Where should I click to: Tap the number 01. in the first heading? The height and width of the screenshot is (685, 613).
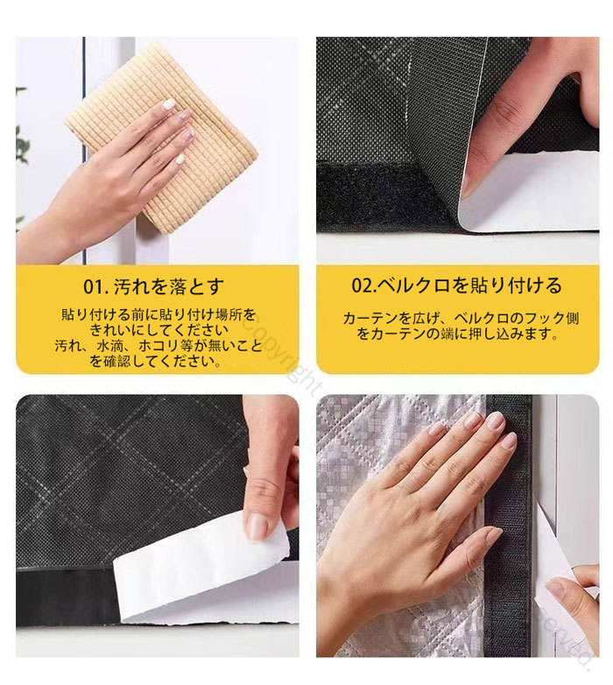pyautogui.click(x=95, y=286)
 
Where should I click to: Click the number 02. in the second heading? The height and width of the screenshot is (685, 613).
pyautogui.click(x=363, y=286)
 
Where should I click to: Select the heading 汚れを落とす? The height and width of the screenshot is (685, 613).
pyautogui.click(x=168, y=286)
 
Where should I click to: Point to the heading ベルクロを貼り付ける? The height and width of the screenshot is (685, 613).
pyautogui.click(x=469, y=286)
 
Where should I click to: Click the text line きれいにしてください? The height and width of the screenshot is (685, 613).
pyautogui.click(x=159, y=329)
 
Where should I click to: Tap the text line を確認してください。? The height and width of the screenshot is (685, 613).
pyautogui.click(x=155, y=361)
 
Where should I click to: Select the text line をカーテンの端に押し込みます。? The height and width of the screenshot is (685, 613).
pyautogui.click(x=458, y=335)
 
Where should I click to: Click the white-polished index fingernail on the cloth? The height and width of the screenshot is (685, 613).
pyautogui.click(x=168, y=103)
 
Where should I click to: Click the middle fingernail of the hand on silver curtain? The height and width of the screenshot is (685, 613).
pyautogui.click(x=495, y=420)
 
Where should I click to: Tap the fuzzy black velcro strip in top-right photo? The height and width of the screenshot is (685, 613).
pyautogui.click(x=384, y=196)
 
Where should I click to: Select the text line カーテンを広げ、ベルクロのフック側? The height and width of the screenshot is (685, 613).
pyautogui.click(x=461, y=318)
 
